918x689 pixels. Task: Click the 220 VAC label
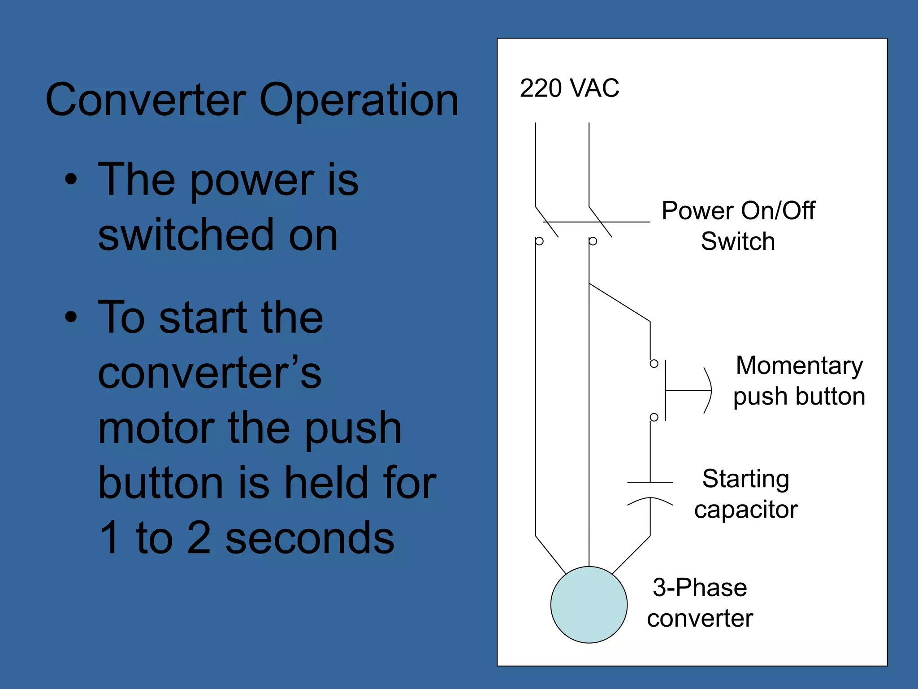point(569,88)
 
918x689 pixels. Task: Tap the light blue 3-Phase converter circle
point(589,604)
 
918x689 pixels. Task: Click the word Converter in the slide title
point(146,100)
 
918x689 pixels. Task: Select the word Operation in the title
point(359,100)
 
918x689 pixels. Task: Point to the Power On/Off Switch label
point(738,226)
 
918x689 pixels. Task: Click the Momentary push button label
point(799,380)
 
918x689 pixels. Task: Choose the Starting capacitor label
point(746,493)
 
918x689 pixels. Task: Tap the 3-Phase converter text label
point(700,602)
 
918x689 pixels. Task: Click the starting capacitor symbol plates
point(650,492)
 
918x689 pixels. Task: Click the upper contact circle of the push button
point(654,363)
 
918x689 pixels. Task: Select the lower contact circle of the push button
point(654,417)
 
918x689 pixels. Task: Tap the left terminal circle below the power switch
point(539,241)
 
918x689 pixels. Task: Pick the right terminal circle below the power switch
point(593,241)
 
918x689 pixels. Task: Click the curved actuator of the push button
point(708,390)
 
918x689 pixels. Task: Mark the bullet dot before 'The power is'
point(71,179)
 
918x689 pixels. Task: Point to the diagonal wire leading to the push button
point(619,302)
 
